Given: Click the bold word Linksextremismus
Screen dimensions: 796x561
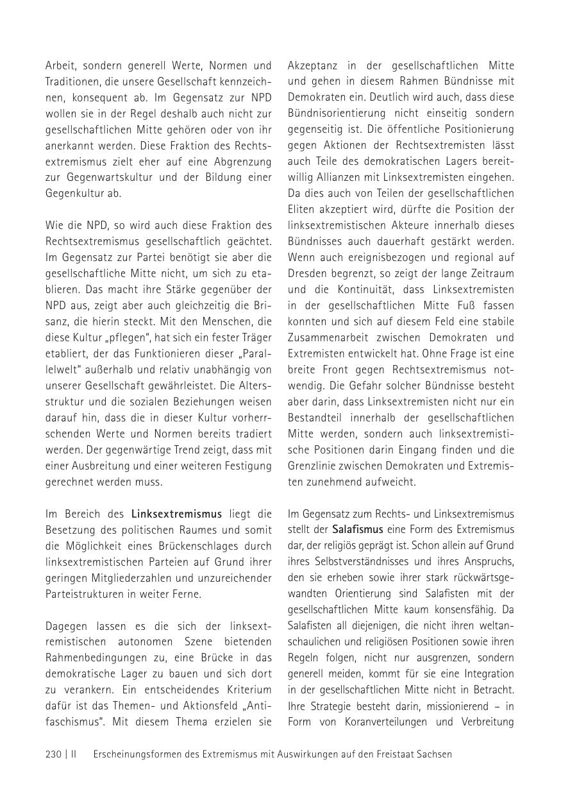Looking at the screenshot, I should point(176,514).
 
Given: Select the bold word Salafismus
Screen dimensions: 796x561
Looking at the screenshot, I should point(357,530).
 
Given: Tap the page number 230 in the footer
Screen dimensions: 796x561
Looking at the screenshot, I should point(53,754).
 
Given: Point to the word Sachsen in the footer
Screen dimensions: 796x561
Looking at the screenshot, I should point(433,754).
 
